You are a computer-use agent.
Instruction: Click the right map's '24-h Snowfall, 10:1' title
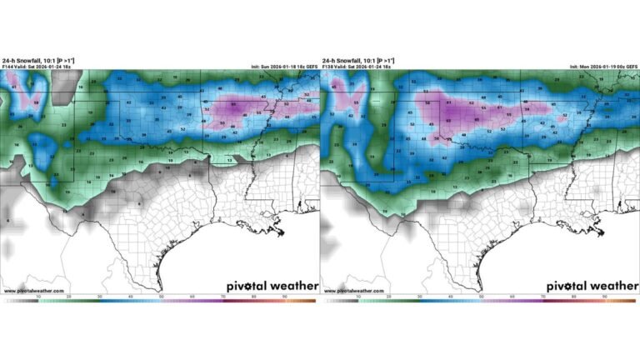[x=351, y=61]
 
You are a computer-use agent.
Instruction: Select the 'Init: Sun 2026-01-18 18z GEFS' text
[x=282, y=67]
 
